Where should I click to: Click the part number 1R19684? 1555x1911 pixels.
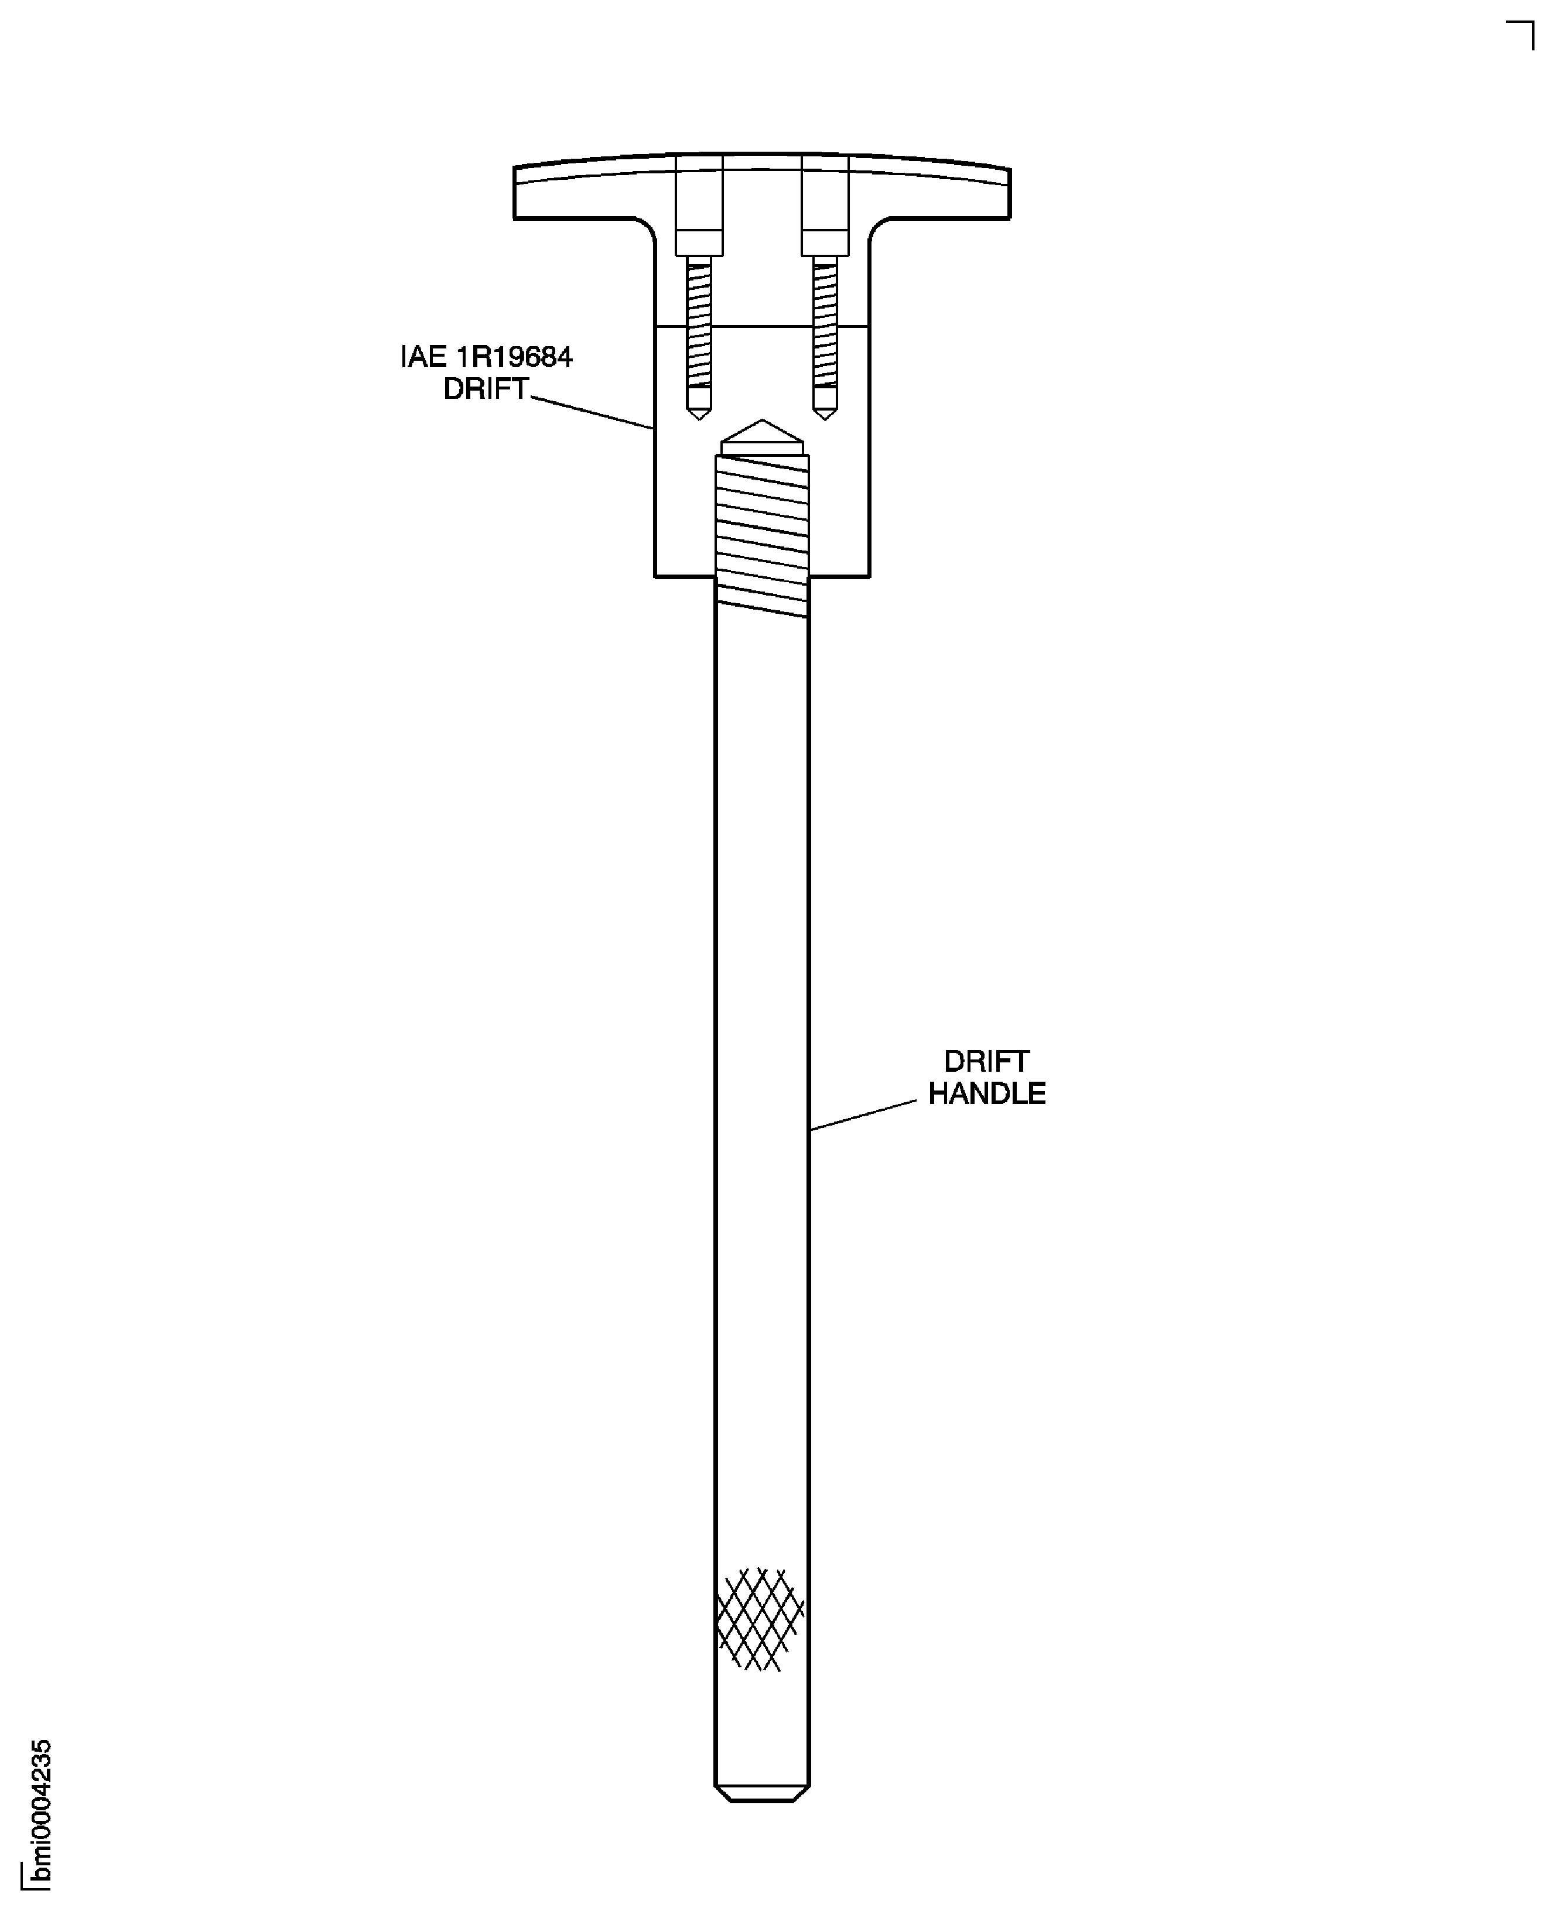point(515,357)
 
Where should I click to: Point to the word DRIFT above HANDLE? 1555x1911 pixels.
point(986,1062)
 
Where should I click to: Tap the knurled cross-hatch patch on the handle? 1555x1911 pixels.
point(760,1619)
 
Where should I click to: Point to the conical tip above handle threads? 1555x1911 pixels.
point(763,436)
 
